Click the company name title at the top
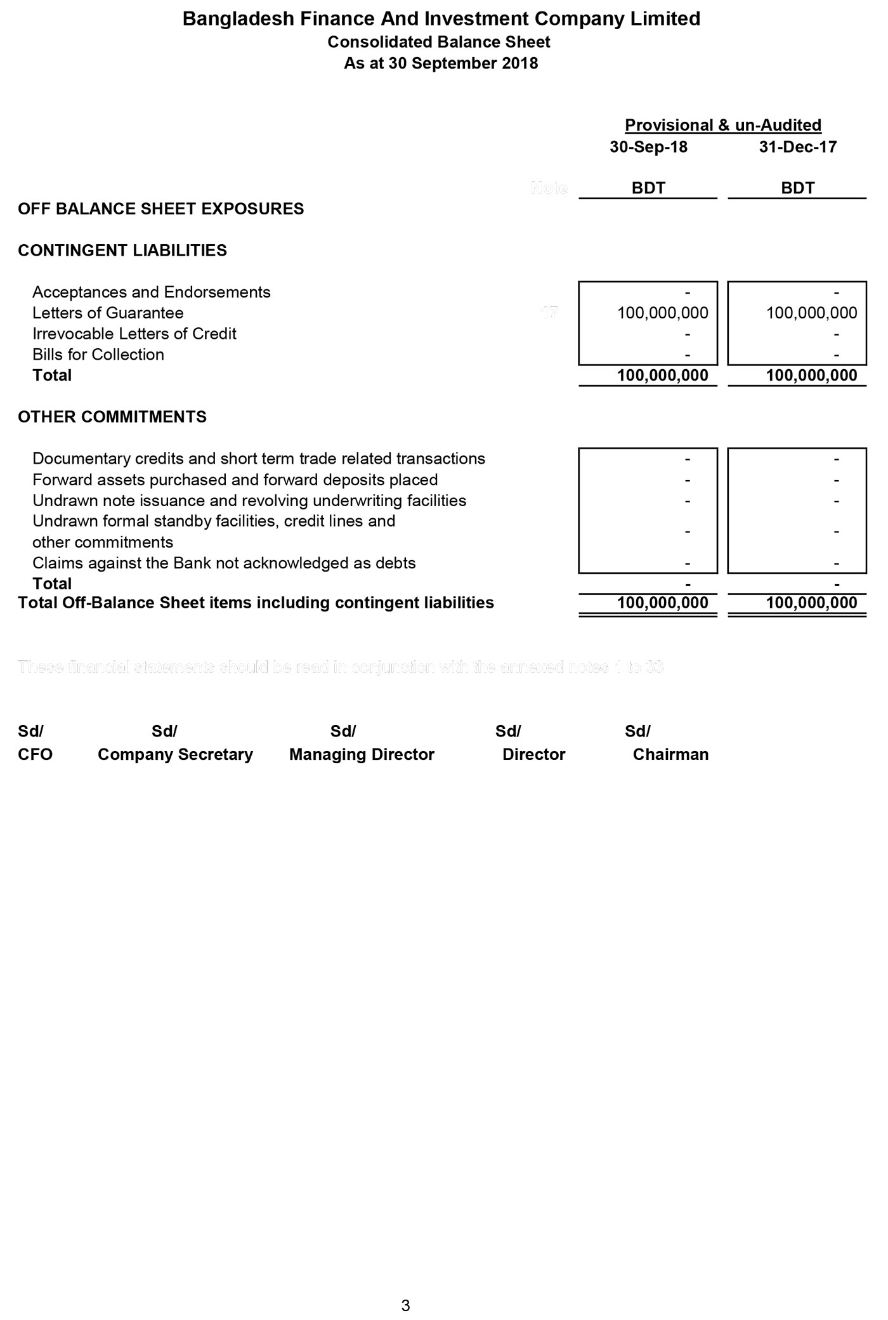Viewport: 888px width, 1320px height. pyautogui.click(x=441, y=19)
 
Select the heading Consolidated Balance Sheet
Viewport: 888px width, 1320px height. pyautogui.click(x=439, y=42)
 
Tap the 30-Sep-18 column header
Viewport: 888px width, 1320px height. pyautogui.click(x=648, y=147)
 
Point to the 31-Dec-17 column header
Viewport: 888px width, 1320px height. pyautogui.click(x=797, y=147)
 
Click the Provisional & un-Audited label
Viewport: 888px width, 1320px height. pyautogui.click(x=723, y=125)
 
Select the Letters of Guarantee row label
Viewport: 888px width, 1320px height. pyautogui.click(x=108, y=313)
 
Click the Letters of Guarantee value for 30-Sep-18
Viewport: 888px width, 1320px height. pyautogui.click(x=662, y=313)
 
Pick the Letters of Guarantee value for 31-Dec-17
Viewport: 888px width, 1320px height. pyautogui.click(x=811, y=313)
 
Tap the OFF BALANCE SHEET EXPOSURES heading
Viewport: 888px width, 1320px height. pyautogui.click(x=160, y=209)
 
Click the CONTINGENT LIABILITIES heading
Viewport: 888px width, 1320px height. pyautogui.click(x=122, y=251)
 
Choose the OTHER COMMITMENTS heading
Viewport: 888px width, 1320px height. pyautogui.click(x=112, y=417)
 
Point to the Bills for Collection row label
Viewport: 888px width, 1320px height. pyautogui.click(x=98, y=355)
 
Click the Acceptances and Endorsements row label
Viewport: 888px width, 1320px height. pyautogui.click(x=152, y=292)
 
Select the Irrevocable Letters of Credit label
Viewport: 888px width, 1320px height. pyautogui.click(x=134, y=334)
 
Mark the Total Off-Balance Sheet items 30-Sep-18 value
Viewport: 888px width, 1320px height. pyautogui.click(x=662, y=603)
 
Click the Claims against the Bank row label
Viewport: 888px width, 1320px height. pyautogui.click(x=224, y=563)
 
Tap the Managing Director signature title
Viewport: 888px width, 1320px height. pyautogui.click(x=362, y=754)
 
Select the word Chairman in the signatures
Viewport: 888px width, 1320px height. pyautogui.click(x=670, y=754)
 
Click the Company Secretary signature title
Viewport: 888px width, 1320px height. pyautogui.click(x=175, y=754)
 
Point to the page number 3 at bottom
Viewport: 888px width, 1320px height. pyautogui.click(x=406, y=1305)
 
